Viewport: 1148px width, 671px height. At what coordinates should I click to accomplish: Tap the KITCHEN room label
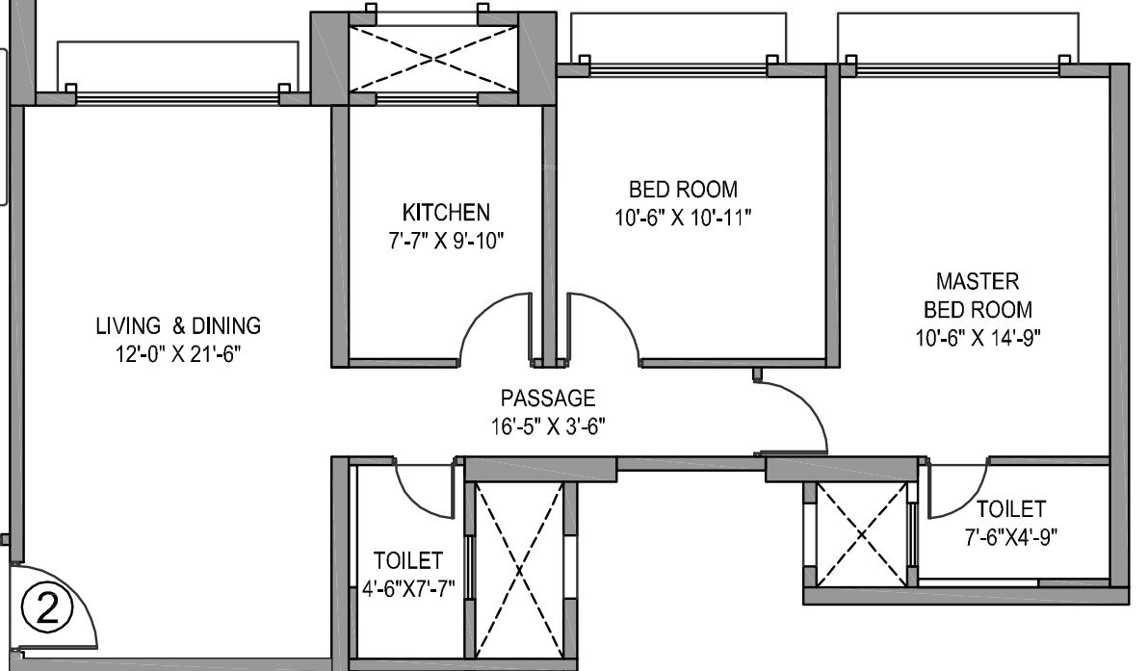pyautogui.click(x=446, y=212)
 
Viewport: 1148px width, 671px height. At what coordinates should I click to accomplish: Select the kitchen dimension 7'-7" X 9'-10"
pyautogui.click(x=446, y=238)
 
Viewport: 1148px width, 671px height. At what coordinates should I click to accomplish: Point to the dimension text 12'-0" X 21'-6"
pyautogui.click(x=178, y=353)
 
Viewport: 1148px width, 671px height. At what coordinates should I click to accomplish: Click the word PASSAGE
pyautogui.click(x=547, y=398)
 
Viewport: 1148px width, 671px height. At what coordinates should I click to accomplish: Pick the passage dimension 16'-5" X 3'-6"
pyautogui.click(x=547, y=425)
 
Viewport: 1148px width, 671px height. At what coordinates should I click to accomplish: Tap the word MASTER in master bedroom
pyautogui.click(x=978, y=282)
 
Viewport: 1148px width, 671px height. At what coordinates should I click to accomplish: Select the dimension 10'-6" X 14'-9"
pyautogui.click(x=978, y=338)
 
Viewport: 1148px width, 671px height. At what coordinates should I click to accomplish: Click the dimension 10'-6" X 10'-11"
pyautogui.click(x=683, y=218)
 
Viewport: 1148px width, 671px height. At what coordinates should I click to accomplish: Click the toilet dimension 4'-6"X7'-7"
pyautogui.click(x=408, y=587)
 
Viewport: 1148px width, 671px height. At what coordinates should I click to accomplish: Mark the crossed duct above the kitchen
pyautogui.click(x=433, y=61)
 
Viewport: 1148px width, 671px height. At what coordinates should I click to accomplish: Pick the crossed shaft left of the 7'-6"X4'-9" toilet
pyautogui.click(x=862, y=532)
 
